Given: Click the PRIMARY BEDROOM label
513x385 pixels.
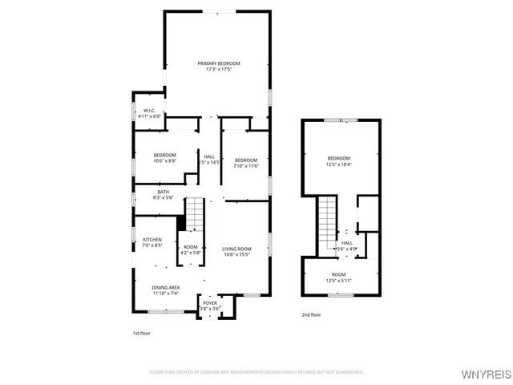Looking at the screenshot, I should pos(219,63).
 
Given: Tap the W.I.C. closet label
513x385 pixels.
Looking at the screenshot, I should pos(149,111).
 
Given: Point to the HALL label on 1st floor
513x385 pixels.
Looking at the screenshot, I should pos(208,156).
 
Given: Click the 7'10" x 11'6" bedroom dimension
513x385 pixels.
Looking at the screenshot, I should pos(246,166).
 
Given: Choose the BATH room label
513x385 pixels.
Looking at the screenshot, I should pos(163,192).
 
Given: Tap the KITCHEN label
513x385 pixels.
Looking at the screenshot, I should pos(152,240).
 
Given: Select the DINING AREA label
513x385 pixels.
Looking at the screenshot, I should pos(166,287).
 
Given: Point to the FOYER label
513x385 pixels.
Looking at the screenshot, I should pos(209,302).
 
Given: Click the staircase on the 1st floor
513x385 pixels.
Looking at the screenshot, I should pos(197,216).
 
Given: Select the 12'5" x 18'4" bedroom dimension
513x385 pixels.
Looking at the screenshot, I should pos(339,165).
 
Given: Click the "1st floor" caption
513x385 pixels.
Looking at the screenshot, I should pos(141,333).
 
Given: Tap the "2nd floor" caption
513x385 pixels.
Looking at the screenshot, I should pos(311,315).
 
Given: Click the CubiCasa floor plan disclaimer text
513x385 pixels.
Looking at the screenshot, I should pos(256,372).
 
